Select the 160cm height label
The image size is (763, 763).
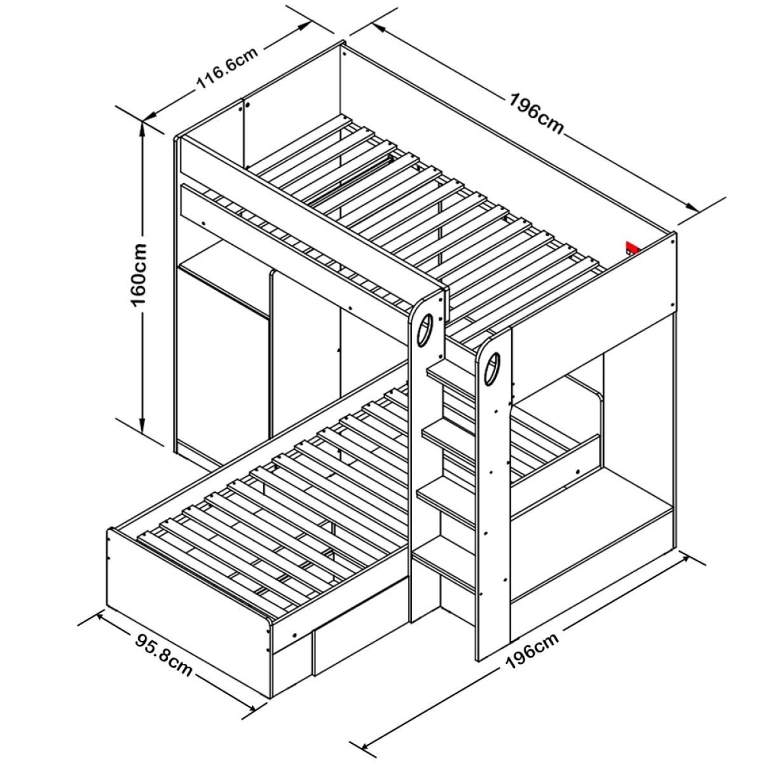pyautogui.click(x=139, y=275)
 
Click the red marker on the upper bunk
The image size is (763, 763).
pyautogui.click(x=631, y=248)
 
